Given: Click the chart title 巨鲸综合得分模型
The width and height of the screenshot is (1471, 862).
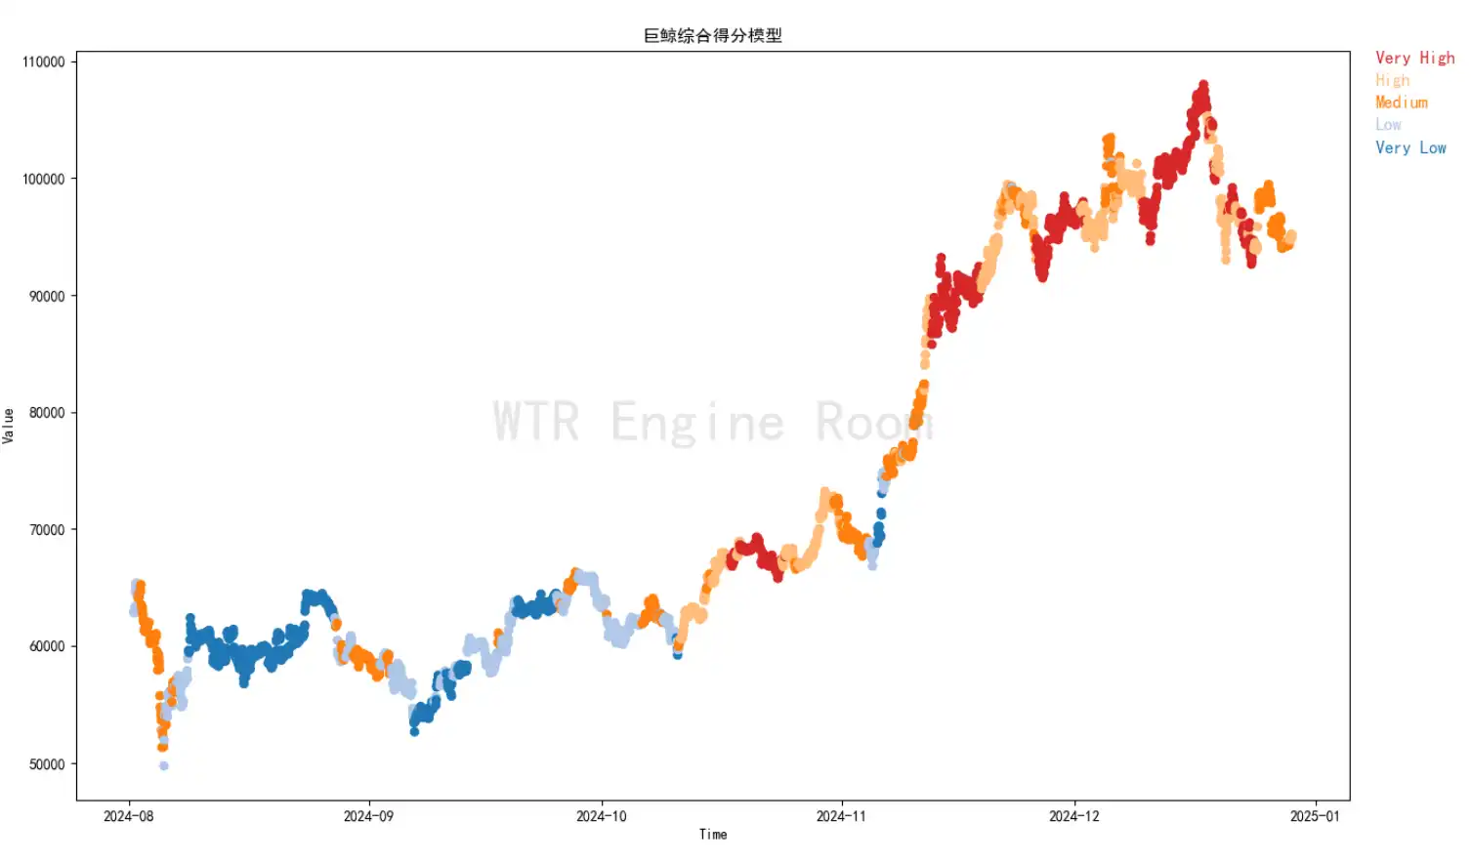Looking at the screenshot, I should pos(712,35).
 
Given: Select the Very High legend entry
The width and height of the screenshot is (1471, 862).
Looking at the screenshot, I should pos(1414,58).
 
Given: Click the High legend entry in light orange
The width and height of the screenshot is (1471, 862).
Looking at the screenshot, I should pos(1392,80).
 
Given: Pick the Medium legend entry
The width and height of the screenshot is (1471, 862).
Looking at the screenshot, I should pos(1401,103).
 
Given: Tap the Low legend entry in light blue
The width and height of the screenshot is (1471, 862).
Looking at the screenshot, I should pos(1388,125).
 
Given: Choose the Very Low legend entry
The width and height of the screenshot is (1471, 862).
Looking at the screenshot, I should pos(1410,147).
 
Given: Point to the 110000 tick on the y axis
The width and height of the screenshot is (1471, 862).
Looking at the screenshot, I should pos(44,62).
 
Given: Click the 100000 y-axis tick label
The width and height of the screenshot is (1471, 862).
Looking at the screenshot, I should pos(44,179).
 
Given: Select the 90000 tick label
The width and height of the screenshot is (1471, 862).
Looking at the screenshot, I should pos(47,296).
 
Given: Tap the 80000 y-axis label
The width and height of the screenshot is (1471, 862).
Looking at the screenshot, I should pos(47,413).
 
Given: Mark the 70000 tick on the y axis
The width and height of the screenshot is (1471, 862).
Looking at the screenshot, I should pos(47,530).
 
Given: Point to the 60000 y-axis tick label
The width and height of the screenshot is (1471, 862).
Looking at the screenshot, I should pos(47,646).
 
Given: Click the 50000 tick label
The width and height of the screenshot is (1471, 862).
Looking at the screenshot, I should pos(47,764).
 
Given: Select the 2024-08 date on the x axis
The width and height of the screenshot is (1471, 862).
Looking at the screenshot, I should pos(128,816).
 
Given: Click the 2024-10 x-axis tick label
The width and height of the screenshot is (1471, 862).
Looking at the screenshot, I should pos(602,816).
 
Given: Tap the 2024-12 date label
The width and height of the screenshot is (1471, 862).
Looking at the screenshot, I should pos(1073,816).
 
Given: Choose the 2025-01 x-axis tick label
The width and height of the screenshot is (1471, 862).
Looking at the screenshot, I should pos(1315,816).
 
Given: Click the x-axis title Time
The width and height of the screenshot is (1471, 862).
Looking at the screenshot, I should pos(712,835).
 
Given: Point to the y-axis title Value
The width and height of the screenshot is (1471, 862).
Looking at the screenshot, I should pos(9,426).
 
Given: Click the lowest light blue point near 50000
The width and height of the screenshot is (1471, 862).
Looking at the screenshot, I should pos(164,766).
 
